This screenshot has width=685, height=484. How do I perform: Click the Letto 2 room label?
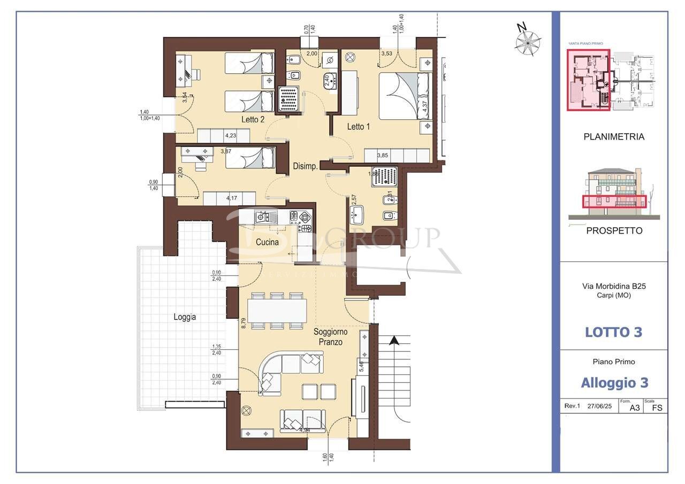point(253,120)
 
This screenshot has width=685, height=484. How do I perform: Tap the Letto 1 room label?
point(359,127)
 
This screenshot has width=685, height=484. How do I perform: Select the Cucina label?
point(267,242)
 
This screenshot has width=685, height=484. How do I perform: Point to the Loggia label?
point(185,317)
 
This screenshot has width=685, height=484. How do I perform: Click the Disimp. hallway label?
point(306,166)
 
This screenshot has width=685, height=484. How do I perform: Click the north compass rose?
point(528,41)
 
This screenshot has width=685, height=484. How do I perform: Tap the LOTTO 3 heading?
point(613,332)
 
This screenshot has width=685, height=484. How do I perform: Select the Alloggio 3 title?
point(614,383)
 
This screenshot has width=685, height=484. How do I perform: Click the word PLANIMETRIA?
point(613,137)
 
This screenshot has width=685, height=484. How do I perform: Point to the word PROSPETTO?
point(614,231)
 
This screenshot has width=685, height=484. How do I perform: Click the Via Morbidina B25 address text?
point(614,286)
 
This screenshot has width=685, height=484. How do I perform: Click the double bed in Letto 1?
point(404,96)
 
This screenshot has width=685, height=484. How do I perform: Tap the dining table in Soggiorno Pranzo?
point(277,311)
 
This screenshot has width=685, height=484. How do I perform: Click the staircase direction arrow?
point(394,340)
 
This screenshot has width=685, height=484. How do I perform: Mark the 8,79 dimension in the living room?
point(243,324)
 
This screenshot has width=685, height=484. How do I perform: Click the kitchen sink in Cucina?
point(262,217)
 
